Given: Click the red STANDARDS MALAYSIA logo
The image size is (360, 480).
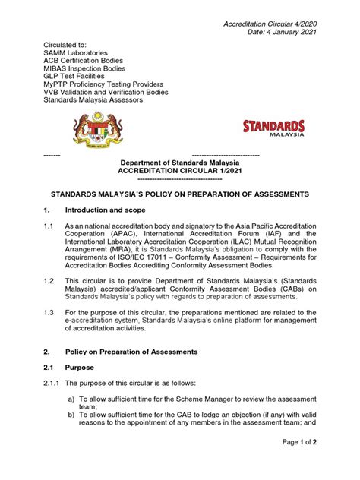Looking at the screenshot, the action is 273,129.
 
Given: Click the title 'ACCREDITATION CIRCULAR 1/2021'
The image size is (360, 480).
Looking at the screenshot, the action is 181,171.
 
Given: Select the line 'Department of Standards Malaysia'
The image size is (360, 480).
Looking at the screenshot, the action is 181,163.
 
